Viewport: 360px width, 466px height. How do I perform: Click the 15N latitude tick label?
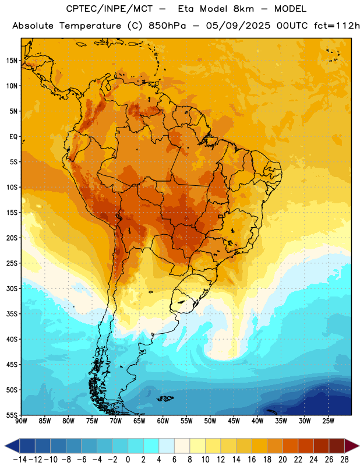click(x=12, y=61)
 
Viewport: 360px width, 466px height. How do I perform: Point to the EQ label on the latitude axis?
click(x=13, y=137)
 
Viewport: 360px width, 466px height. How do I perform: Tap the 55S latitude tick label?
click(x=12, y=415)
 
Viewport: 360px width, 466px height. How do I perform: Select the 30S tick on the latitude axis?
click(x=12, y=288)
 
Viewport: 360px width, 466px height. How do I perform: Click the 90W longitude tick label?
click(x=21, y=421)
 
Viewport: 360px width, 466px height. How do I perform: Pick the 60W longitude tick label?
click(x=163, y=421)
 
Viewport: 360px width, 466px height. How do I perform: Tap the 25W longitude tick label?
click(x=328, y=421)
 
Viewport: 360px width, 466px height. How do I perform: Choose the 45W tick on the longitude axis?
click(x=234, y=421)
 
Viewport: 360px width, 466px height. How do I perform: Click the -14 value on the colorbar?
click(x=20, y=460)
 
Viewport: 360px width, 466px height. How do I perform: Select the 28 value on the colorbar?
click(x=344, y=460)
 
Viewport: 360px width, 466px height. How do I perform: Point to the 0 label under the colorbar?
click(x=128, y=460)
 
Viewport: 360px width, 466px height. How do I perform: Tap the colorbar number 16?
click(x=252, y=460)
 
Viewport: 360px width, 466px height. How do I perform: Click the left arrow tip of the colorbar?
click(x=5, y=446)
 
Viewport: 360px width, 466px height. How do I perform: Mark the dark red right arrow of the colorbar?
click(x=352, y=446)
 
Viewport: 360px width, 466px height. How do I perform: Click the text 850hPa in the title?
click(x=167, y=26)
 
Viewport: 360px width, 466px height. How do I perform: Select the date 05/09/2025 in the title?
click(x=238, y=26)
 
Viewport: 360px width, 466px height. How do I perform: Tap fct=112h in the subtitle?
click(x=337, y=26)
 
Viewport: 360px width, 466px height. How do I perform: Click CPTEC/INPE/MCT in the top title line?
click(x=109, y=9)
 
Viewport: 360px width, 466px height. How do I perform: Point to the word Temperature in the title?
click(x=90, y=26)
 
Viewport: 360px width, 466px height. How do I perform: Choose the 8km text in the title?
click(x=243, y=9)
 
